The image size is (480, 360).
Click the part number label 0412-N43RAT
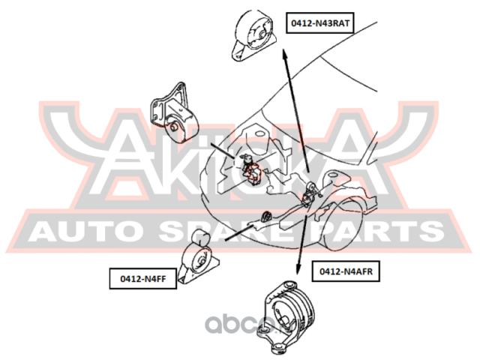[320, 23]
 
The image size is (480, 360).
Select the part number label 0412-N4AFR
[346, 271]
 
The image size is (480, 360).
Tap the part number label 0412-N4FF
[143, 278]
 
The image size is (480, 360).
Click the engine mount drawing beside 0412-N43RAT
[253, 35]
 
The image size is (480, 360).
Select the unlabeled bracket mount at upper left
[173, 112]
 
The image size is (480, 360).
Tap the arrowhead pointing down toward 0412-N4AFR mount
[297, 269]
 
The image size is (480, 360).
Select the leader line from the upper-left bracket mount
[223, 150]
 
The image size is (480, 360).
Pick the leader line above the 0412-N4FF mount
[239, 232]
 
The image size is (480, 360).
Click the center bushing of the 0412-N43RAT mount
[262, 34]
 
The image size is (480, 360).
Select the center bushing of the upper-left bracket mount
[174, 127]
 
